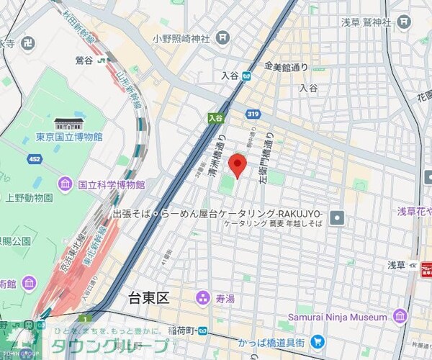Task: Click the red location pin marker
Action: coord(238,165)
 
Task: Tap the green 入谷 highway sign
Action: coord(215,117)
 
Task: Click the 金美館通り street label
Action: coord(287,67)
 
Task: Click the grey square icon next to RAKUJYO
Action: coord(336,216)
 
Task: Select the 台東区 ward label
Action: coord(148,297)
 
